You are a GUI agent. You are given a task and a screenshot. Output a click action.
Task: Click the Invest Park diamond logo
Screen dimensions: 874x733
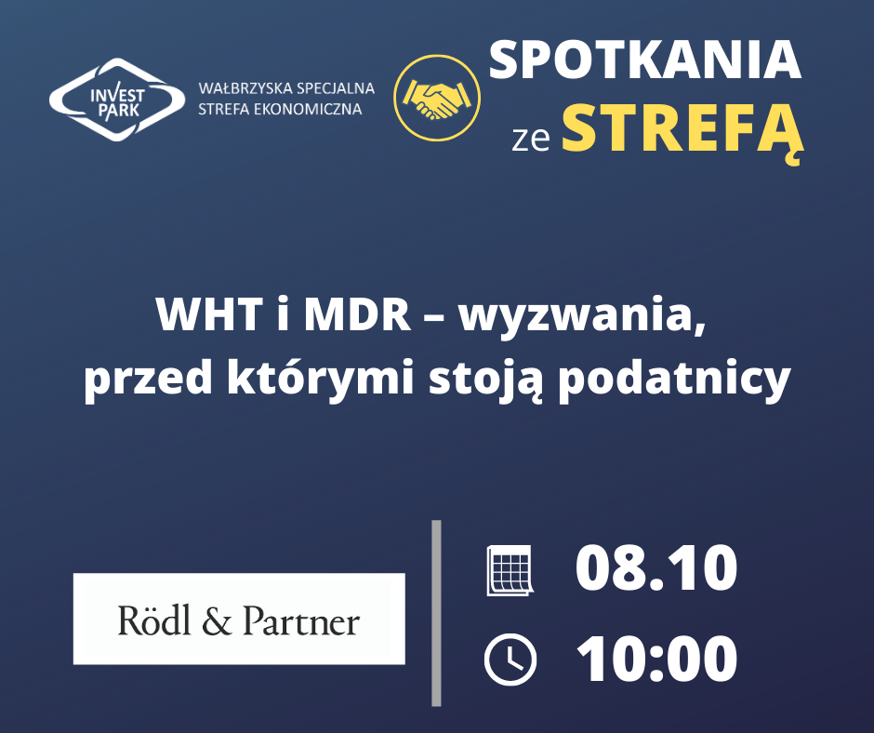[x=117, y=100]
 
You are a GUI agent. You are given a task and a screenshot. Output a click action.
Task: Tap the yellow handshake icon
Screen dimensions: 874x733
[x=437, y=98]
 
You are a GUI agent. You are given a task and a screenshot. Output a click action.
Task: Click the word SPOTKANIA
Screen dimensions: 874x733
[x=645, y=60]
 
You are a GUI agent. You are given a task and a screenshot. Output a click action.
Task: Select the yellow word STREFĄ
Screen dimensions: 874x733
[x=682, y=129]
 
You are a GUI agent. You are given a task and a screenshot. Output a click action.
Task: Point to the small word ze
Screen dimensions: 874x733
[x=531, y=140]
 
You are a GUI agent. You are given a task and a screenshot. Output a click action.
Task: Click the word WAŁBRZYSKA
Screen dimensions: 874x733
[x=245, y=88]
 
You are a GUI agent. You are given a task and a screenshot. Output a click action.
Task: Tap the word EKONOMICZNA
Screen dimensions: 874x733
[x=308, y=109]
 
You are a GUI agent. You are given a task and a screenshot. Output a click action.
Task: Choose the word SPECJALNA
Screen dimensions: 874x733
[x=336, y=88]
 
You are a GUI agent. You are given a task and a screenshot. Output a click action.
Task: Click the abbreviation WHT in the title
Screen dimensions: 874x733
[x=209, y=314]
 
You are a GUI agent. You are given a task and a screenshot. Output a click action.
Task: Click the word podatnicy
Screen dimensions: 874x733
[x=675, y=379]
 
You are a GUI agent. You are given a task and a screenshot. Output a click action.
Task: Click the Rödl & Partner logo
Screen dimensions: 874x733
[x=239, y=619]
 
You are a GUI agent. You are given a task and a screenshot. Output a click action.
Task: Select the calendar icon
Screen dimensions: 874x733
[x=510, y=570]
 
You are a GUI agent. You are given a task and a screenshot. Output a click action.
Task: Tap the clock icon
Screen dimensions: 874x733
[x=510, y=660]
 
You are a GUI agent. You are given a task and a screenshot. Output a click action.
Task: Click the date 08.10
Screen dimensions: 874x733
[x=656, y=569]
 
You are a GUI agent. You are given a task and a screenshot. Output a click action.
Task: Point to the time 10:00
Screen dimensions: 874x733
[x=656, y=659]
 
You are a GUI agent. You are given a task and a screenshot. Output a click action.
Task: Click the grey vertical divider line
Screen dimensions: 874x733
[x=436, y=613]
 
